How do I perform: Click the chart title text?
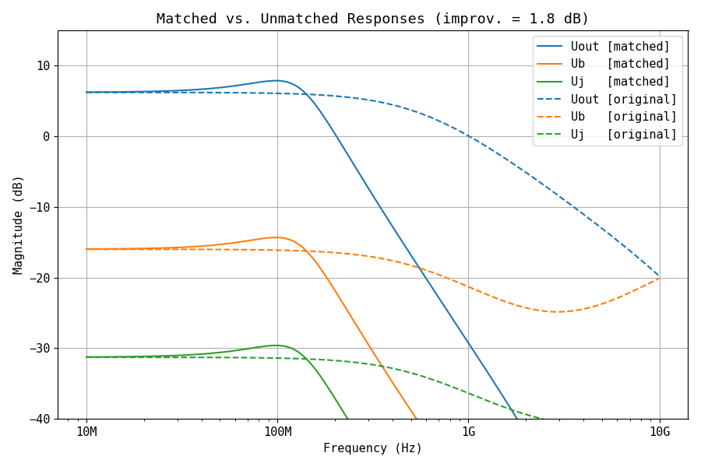372,19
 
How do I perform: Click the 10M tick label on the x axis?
86,432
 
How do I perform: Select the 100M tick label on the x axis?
277,432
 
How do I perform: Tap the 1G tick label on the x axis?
468,432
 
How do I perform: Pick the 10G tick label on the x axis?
660,432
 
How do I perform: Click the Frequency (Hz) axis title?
372,448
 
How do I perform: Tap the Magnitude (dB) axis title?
18,224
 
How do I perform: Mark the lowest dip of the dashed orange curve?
558,312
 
